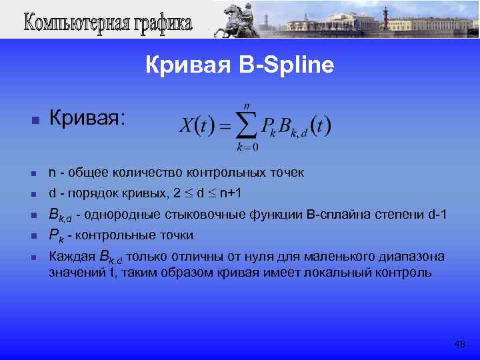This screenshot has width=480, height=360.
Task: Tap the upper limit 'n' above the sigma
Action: [x=247, y=105]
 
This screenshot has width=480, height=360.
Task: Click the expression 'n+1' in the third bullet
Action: [x=231, y=194]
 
